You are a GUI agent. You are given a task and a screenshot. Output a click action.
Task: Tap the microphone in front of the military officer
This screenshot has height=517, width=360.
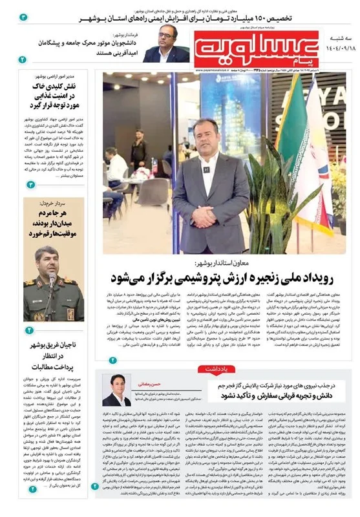tap(52, 279)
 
